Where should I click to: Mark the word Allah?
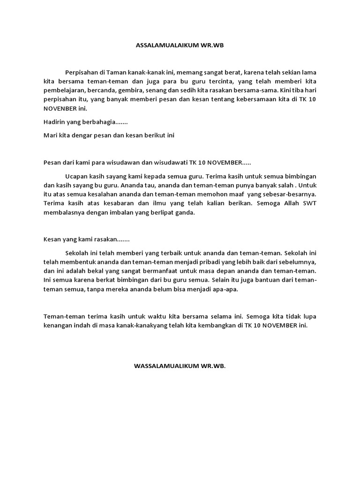click(288, 203)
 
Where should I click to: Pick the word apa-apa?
click(226, 289)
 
